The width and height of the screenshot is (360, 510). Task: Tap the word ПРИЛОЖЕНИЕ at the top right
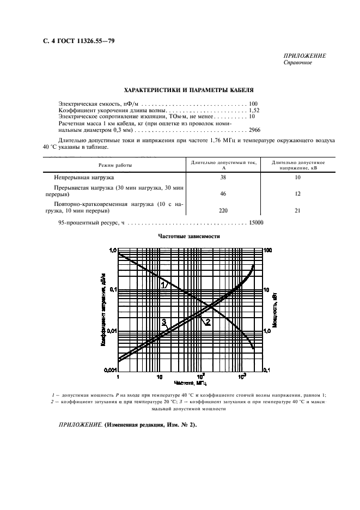click(304, 56)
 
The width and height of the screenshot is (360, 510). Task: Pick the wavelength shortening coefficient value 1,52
click(253, 110)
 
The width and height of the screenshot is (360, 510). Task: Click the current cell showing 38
click(222, 178)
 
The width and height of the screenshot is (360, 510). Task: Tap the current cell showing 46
click(222, 193)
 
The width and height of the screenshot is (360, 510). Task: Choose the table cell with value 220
click(222, 209)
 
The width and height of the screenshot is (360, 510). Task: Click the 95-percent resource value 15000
click(256, 222)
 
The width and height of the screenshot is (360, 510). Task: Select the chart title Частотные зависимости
click(189, 237)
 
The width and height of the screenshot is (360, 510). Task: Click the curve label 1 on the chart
click(162, 284)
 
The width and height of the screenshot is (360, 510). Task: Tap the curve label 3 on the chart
click(163, 321)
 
